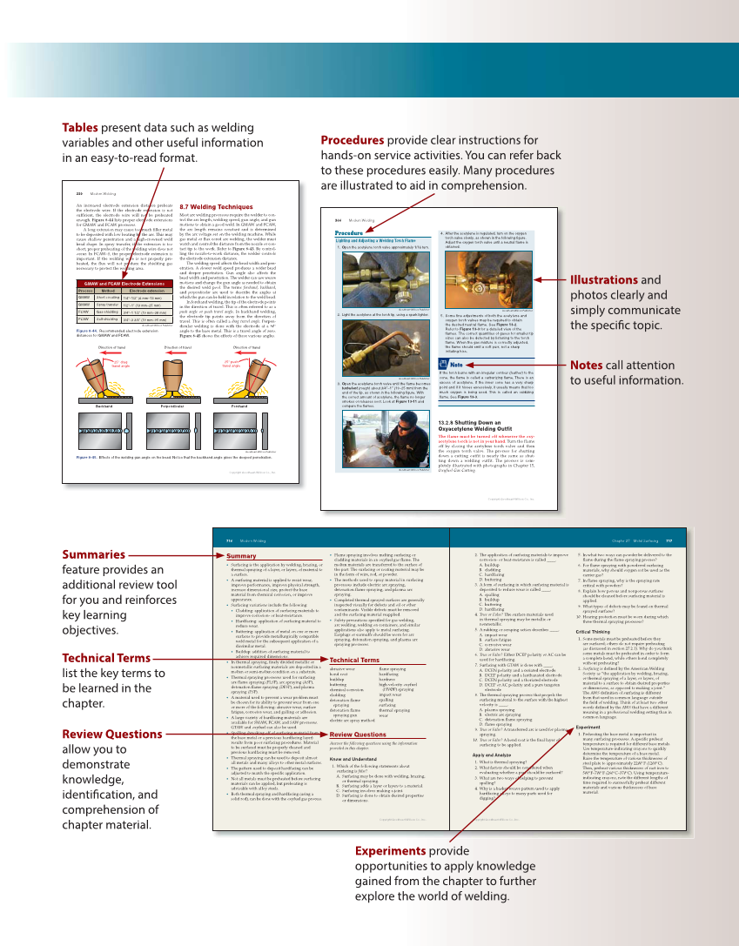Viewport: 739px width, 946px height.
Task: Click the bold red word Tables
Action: click(x=80, y=127)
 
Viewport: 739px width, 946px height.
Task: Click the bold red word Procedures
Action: click(x=353, y=140)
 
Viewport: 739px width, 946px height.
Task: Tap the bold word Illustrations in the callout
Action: click(x=604, y=279)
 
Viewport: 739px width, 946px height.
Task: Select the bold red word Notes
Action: click(x=590, y=365)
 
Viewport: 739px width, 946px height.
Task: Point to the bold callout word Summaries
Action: click(x=93, y=554)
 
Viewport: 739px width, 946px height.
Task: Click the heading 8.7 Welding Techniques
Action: click(x=216, y=207)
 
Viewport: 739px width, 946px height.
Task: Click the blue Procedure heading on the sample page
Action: click(x=348, y=233)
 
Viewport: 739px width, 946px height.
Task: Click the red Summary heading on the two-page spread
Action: click(x=241, y=555)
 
